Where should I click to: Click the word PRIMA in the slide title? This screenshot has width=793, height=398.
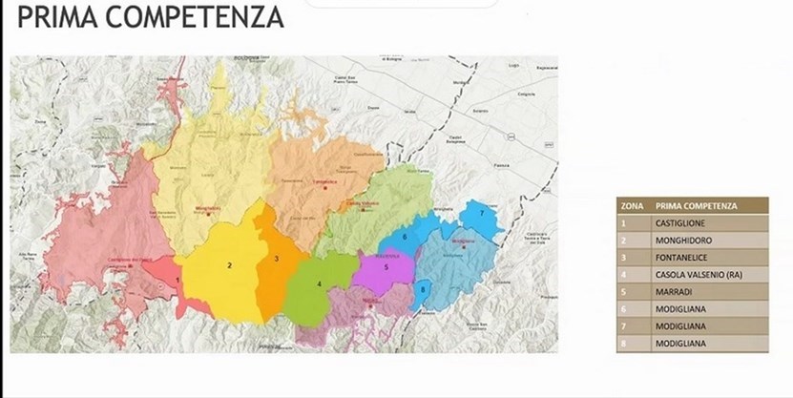(x=56, y=16)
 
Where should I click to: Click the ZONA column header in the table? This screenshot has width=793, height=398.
(x=630, y=205)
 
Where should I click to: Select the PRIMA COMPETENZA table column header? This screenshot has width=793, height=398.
(x=697, y=205)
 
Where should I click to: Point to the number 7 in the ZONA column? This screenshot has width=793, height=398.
(x=624, y=325)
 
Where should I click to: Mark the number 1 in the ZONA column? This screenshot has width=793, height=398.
(x=624, y=222)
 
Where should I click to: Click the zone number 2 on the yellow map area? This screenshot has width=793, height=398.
(x=229, y=265)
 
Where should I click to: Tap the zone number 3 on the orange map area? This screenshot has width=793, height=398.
(x=277, y=258)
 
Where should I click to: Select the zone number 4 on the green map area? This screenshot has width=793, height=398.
(x=320, y=283)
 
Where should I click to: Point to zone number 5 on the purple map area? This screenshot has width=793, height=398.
(x=385, y=267)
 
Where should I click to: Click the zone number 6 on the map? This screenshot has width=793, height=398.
(x=405, y=236)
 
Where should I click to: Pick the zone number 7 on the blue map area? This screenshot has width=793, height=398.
(x=481, y=214)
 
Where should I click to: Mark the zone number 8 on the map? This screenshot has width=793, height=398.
(x=423, y=288)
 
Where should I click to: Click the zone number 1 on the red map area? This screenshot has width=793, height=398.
(x=177, y=279)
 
